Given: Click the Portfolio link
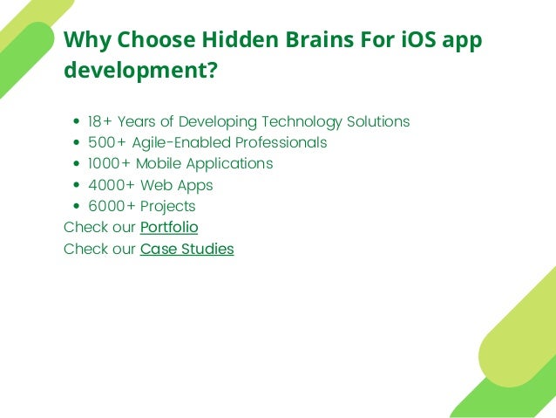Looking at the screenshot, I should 169,228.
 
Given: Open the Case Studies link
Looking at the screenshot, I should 186,249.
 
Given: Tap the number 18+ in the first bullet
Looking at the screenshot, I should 100,121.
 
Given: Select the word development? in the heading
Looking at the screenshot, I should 140,70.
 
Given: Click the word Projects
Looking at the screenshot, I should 167,206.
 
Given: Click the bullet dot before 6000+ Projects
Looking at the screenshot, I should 78,207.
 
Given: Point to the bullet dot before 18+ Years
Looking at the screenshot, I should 78,122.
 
